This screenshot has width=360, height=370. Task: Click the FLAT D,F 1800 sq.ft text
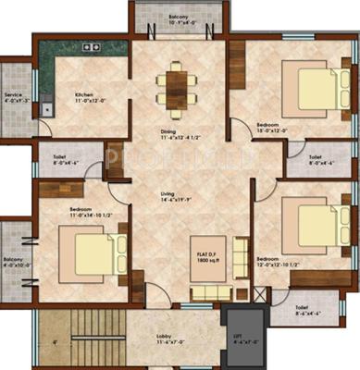[x=207, y=255]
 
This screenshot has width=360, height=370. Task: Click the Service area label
[x=15, y=96]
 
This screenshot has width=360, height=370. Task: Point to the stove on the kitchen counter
[x=92, y=46]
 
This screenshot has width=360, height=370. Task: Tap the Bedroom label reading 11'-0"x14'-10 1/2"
[x=82, y=212]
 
